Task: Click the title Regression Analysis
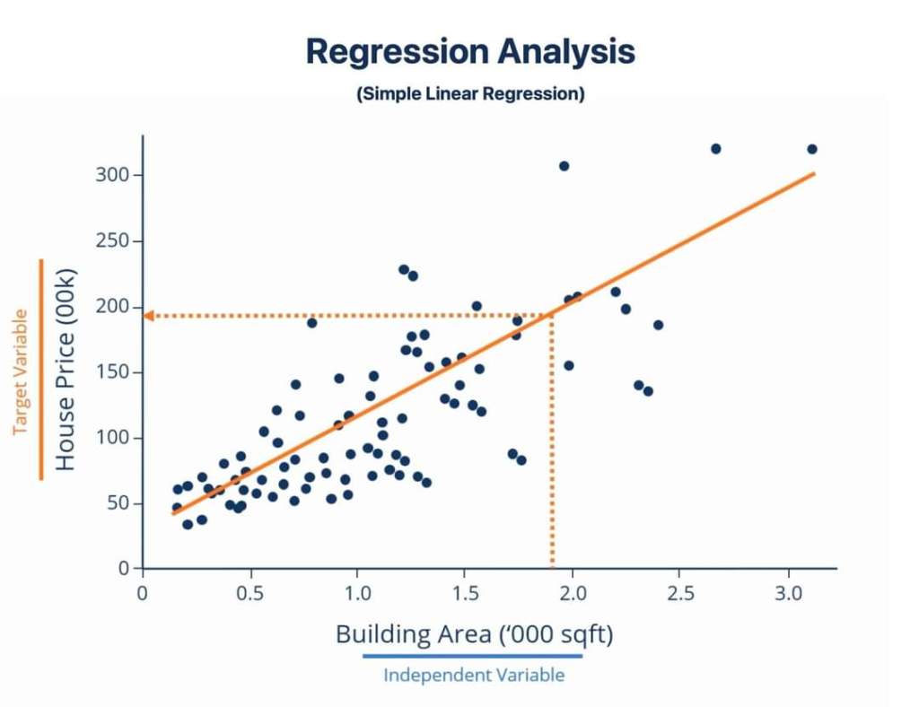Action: (x=470, y=52)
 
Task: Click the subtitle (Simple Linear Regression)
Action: (x=470, y=94)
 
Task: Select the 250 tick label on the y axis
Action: (x=113, y=241)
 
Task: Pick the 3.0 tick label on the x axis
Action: (x=789, y=593)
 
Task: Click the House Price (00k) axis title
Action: (x=66, y=369)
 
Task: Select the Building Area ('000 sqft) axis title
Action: (x=474, y=634)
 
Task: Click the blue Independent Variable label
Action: (x=474, y=675)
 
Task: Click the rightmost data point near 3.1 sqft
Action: (x=812, y=149)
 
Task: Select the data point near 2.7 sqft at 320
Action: (x=715, y=149)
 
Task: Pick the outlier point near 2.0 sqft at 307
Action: (x=564, y=166)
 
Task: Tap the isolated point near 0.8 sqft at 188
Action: (x=312, y=322)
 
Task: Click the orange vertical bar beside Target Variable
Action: (x=41, y=369)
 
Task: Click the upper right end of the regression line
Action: (x=812, y=173)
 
